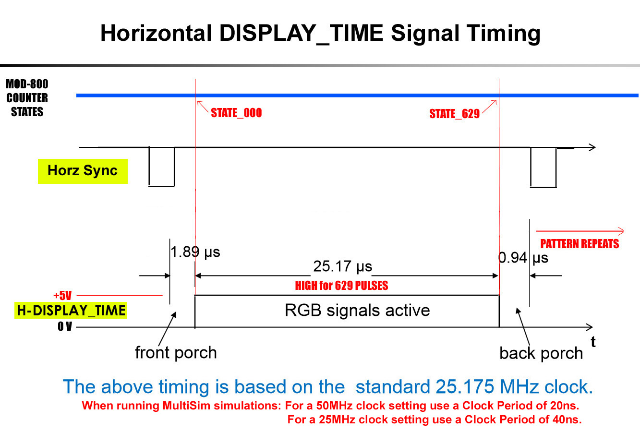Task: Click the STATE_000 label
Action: point(236,113)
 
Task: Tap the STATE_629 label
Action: point(454,114)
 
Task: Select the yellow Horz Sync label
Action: point(83,171)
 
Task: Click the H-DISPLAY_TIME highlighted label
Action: point(71,310)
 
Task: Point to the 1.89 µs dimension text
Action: point(195,252)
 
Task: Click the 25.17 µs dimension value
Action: point(343,266)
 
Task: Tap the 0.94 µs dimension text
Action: point(523,258)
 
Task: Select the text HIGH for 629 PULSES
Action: point(341,286)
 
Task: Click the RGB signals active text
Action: point(357,310)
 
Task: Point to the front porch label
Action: point(176,353)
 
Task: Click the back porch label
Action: point(541,353)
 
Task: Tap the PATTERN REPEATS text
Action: point(580,244)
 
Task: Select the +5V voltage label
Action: point(62,295)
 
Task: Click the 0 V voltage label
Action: point(65,326)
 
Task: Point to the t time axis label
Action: point(593,342)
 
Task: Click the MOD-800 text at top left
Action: point(27,84)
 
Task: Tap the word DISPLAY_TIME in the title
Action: point(301,34)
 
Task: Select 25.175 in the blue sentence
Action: point(465,387)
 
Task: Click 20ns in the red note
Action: point(563,406)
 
